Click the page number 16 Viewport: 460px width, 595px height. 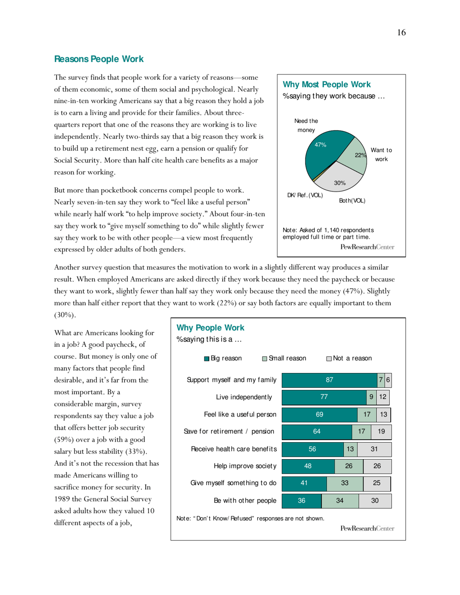(401, 32)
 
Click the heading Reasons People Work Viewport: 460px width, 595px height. (99, 59)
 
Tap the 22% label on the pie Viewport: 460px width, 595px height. (359, 155)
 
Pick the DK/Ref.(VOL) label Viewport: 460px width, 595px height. (305, 195)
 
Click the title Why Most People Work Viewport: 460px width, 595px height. (327, 85)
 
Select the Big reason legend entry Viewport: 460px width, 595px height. (223, 358)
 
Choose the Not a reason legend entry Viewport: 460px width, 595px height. (349, 358)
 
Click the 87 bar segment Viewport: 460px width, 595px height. (329, 380)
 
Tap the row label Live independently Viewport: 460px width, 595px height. (244, 398)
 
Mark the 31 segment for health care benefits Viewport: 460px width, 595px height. (374, 449)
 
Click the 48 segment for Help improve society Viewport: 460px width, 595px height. (307, 466)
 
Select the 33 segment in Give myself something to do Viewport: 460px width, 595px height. (345, 483)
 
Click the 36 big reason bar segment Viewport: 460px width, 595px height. (301, 501)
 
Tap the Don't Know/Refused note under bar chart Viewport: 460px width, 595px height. (250, 519)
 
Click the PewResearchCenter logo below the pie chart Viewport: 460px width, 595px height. (367, 247)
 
